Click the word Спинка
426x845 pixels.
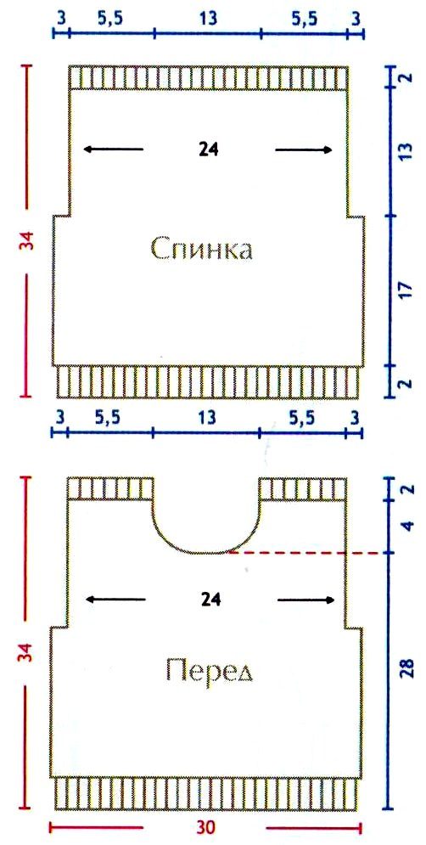point(201,251)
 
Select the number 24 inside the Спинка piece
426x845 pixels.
point(208,149)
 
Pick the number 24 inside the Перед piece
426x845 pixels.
point(210,600)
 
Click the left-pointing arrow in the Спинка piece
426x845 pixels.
point(114,149)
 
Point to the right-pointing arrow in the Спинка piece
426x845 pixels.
point(304,149)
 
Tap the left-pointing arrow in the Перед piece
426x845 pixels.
point(115,600)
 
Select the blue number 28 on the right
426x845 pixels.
point(406,668)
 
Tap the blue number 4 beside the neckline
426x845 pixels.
point(407,526)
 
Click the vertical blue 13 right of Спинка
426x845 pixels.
point(406,150)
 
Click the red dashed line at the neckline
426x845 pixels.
point(309,553)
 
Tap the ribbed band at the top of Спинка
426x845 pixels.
point(208,77)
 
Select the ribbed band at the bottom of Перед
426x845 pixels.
point(207,793)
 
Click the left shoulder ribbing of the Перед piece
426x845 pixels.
point(110,489)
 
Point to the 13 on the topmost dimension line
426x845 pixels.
point(208,19)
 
